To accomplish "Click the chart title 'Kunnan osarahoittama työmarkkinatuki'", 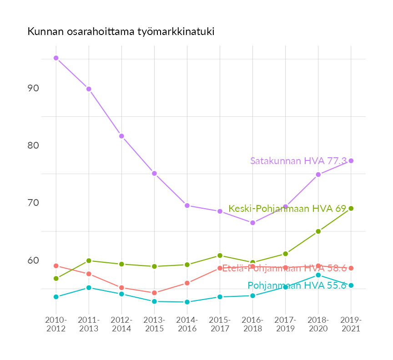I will click(x=121, y=32).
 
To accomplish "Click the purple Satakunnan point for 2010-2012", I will click(x=56, y=58).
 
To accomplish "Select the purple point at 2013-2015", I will click(x=154, y=173).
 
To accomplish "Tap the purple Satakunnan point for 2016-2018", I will click(x=252, y=223).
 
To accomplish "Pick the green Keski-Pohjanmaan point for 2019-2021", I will click(x=351, y=208).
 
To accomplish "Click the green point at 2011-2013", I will click(x=89, y=260).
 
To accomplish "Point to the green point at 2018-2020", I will click(x=318, y=231).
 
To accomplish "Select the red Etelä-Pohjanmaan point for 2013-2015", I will click(x=154, y=293).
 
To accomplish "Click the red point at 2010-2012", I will click(x=56, y=266).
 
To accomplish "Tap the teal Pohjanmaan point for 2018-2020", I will click(x=318, y=275).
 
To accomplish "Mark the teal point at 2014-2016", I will click(x=187, y=302).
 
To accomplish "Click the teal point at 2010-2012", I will click(x=56, y=297).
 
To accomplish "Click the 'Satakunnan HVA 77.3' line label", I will click(x=298, y=161).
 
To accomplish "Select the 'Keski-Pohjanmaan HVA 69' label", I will click(x=287, y=209).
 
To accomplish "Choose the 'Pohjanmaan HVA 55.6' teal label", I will click(x=297, y=285).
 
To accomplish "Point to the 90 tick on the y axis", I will click(x=32, y=88).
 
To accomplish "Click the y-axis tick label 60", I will click(x=32, y=260).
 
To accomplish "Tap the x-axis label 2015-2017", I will click(x=220, y=324).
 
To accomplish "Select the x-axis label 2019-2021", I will click(x=351, y=324).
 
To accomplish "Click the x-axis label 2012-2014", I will click(x=121, y=324).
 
